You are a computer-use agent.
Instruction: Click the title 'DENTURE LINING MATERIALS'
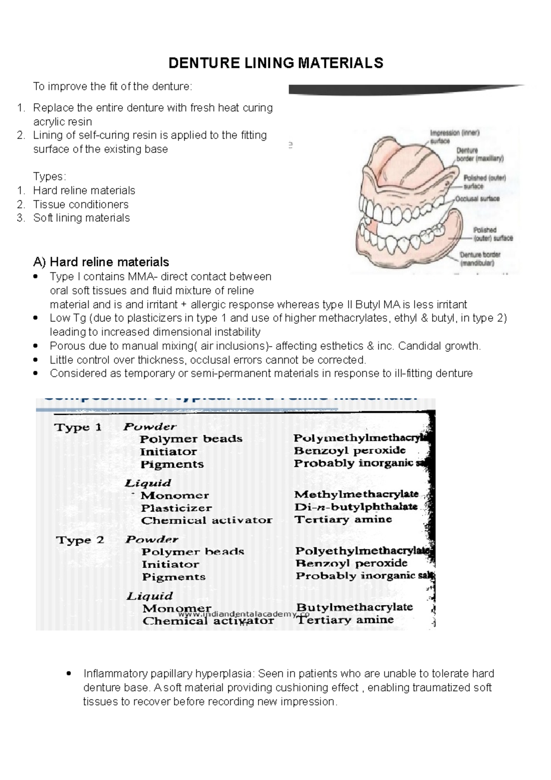275,63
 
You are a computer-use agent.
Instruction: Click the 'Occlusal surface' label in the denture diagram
478,199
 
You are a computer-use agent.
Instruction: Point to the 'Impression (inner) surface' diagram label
454,136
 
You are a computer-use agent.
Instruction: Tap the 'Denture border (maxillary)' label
479,154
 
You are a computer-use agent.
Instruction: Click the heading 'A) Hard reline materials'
101,262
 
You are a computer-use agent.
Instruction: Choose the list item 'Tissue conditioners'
81,204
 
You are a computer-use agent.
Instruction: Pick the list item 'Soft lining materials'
81,218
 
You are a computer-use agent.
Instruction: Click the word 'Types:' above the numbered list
50,177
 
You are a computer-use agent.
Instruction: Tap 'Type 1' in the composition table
78,427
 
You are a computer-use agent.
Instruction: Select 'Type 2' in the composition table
80,540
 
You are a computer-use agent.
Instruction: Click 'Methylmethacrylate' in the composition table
356,494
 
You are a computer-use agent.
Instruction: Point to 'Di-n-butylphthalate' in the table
356,507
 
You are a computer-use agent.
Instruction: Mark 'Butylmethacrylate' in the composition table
354,607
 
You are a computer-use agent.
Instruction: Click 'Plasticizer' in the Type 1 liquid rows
176,508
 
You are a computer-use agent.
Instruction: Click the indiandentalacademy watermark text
243,614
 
